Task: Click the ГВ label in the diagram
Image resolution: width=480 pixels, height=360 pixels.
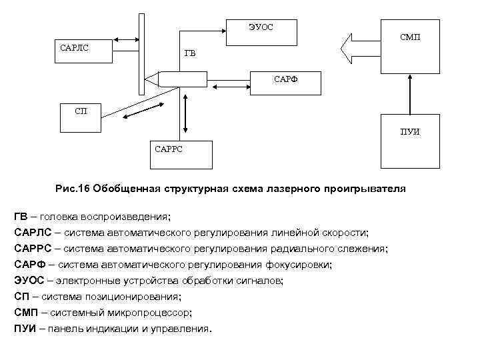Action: (190, 54)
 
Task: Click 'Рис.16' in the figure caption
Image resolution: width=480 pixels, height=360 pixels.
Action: (73, 189)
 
